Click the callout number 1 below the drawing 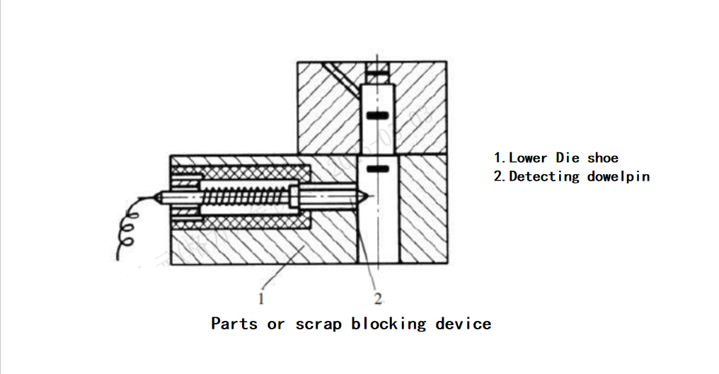[261, 298]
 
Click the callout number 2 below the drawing [378, 298]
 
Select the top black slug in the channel [377, 73]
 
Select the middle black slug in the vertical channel [378, 115]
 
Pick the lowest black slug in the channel [378, 169]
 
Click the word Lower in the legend [528, 158]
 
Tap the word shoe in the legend [603, 158]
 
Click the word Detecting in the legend [545, 176]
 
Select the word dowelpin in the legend [619, 176]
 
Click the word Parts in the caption [235, 324]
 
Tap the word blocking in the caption [389, 324]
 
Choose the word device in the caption [464, 324]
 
